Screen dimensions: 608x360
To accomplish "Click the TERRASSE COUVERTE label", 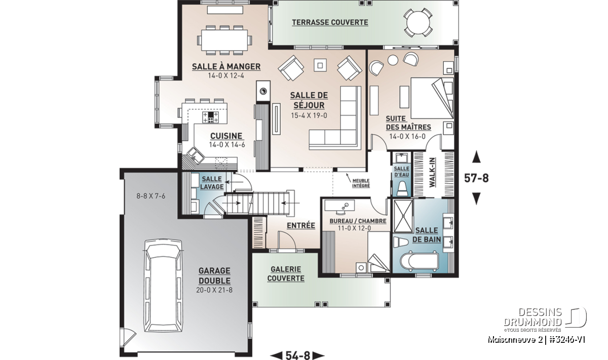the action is (x=330, y=22).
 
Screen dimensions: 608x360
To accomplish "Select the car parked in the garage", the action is (x=163, y=286).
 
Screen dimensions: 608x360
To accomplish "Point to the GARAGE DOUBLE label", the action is (x=214, y=275).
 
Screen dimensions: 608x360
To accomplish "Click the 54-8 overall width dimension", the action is (x=297, y=355).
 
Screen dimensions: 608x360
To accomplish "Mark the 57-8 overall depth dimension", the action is (x=476, y=178).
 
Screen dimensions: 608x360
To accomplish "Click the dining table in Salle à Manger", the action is (x=224, y=40).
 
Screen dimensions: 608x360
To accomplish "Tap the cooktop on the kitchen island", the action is (x=210, y=117).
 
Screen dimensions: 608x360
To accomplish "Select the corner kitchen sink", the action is (x=195, y=156).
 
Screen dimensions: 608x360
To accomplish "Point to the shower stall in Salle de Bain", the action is (x=403, y=216).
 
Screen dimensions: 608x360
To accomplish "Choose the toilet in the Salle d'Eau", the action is (x=402, y=188).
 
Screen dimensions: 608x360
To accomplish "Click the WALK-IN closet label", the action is (x=432, y=172).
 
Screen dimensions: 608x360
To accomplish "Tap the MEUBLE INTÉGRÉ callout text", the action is (x=361, y=183).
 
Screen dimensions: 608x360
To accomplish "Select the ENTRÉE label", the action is (x=301, y=225).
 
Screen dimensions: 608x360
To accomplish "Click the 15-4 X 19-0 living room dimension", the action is (x=309, y=115).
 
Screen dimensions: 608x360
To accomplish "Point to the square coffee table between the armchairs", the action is (x=320, y=65).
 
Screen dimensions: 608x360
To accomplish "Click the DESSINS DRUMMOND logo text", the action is (x=533, y=317).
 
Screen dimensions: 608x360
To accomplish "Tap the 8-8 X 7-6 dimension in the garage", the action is (x=151, y=196).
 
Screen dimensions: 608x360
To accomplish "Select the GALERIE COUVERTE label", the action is (x=286, y=274).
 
